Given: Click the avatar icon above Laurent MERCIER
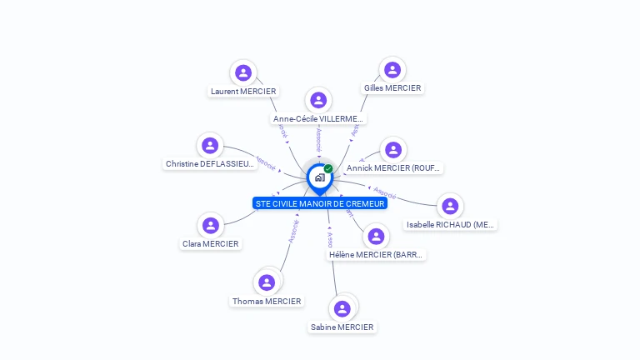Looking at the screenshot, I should click(243, 72).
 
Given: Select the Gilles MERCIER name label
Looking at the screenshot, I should click(392, 87).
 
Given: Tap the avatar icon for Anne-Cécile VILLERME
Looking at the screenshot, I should click(318, 100).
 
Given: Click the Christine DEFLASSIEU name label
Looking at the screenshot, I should click(210, 164).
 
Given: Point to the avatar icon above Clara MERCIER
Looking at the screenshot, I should click(211, 225).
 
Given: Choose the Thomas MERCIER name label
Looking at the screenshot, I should click(267, 301).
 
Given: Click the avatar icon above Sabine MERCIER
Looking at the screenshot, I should click(342, 308).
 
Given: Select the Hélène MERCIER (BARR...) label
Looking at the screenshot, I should click(377, 255).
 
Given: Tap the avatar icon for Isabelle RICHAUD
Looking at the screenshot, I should click(450, 206).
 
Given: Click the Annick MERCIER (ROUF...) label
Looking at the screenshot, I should click(393, 168).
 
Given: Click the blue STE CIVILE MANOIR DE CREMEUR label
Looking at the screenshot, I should click(320, 203).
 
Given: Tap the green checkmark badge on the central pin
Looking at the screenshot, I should click(328, 169).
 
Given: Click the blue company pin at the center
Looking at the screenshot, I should click(318, 177).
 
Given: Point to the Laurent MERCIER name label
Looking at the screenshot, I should click(243, 91).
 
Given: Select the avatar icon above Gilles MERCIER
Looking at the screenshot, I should click(392, 70).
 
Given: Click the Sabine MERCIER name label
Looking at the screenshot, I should click(342, 327).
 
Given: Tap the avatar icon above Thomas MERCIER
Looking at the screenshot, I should click(267, 282).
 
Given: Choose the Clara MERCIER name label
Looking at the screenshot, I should click(211, 243).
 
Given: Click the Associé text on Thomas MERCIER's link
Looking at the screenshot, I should click(293, 231).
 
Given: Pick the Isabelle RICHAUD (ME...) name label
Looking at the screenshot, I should click(450, 224).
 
